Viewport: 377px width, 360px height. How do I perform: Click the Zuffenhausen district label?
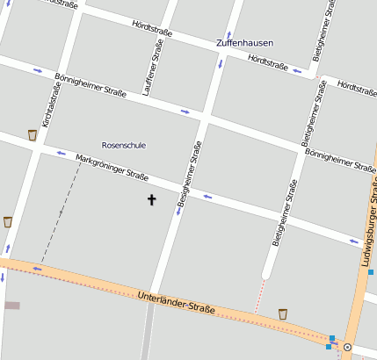(243, 42)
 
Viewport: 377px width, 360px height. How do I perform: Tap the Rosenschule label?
(124, 145)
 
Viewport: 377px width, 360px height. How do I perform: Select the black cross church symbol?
(151, 200)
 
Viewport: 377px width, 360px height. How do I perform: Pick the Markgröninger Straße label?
(112, 166)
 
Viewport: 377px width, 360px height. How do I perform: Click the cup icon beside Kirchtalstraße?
(33, 134)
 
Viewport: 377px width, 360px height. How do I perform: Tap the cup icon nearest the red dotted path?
(283, 313)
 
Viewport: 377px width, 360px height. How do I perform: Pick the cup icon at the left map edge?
(8, 221)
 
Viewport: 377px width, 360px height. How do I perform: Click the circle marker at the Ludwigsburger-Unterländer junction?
(348, 348)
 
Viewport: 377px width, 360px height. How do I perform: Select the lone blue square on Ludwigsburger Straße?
(371, 272)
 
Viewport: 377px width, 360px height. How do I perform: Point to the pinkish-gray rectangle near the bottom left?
(11, 306)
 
